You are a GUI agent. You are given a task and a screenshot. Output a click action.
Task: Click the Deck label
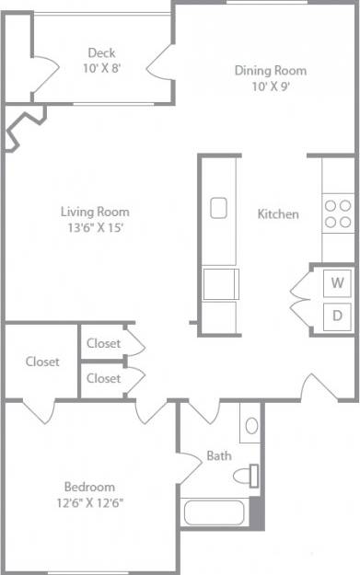[100, 52]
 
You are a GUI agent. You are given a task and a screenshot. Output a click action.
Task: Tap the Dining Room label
[270, 71]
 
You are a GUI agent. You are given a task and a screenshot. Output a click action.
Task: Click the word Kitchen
[277, 214]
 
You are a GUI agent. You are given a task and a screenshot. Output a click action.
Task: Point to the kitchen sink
[219, 208]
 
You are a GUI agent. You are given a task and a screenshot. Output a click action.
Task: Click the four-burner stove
[337, 213]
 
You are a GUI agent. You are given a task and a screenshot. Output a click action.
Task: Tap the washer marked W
[338, 282]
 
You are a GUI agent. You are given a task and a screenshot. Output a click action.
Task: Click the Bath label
[218, 455]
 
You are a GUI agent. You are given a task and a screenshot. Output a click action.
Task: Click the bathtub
[215, 512]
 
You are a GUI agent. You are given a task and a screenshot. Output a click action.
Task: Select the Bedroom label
[89, 487]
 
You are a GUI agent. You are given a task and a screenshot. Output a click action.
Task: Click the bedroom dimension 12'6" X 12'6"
[89, 502]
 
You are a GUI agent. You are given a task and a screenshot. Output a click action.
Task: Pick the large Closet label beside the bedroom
[42, 362]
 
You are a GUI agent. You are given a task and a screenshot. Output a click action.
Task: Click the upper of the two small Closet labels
[103, 343]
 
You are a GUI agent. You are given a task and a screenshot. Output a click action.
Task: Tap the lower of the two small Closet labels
[103, 378]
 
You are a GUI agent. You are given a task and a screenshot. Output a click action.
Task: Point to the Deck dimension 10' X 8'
[100, 68]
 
